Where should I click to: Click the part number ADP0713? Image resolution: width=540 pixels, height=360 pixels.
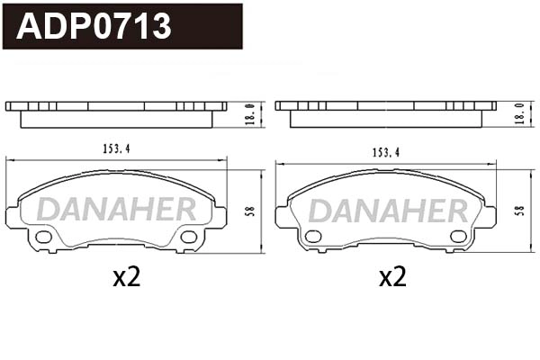(94, 26)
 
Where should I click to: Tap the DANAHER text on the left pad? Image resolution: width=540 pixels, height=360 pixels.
(116, 210)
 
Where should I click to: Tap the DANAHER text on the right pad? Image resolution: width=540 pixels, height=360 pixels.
(389, 210)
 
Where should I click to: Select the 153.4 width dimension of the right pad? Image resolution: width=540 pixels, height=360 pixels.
(385, 153)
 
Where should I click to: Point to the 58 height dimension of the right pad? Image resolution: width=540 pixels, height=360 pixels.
(519, 211)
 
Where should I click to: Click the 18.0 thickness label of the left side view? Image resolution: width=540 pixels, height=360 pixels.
(251, 114)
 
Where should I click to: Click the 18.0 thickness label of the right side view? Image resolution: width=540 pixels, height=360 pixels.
(519, 114)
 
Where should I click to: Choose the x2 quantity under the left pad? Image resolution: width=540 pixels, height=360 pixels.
(127, 277)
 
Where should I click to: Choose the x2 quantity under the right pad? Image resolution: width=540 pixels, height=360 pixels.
(392, 277)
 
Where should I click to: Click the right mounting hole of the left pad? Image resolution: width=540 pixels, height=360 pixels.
(188, 237)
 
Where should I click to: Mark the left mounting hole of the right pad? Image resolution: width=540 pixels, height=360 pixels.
(313, 237)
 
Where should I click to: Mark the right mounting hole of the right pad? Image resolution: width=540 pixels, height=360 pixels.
(457, 237)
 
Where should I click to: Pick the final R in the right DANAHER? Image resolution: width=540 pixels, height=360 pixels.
(456, 210)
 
